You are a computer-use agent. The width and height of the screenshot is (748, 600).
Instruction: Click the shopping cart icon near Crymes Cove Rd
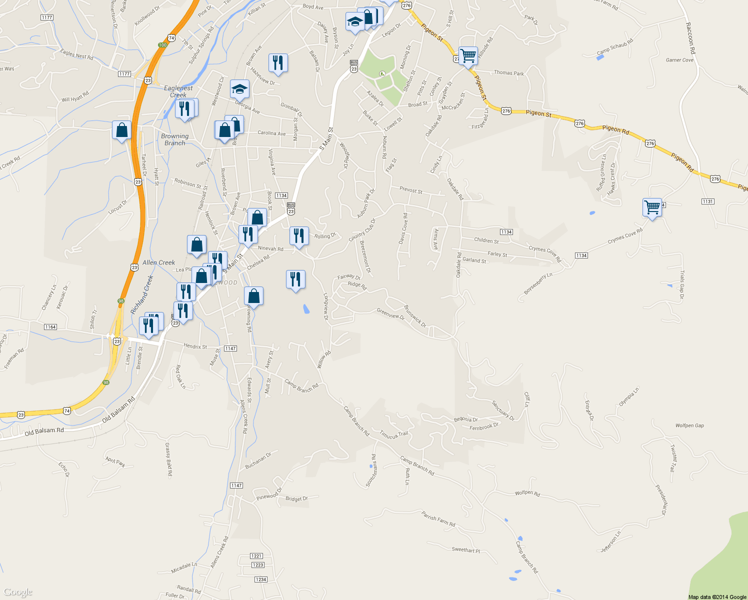coord(652,207)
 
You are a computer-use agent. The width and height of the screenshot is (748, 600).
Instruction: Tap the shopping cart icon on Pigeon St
coord(468,56)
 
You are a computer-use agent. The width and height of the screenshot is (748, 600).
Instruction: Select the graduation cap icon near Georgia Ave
coord(239,89)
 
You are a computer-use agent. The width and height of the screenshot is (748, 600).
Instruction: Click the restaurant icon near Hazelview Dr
coord(277,63)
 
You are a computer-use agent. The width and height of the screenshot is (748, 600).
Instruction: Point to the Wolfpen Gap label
coord(689,425)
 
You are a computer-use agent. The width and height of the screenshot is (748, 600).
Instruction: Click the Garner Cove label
coord(679,60)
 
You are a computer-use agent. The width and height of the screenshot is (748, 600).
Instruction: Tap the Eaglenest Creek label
coord(178,91)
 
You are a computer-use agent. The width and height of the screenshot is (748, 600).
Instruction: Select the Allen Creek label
coord(158,262)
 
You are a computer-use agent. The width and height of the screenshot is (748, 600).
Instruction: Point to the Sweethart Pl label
coord(465,550)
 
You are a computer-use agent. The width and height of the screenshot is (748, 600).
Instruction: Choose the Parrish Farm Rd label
coord(438,519)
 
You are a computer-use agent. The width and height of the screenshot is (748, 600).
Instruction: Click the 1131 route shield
coord(707,201)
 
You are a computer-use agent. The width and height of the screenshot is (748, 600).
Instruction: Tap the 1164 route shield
coord(50,327)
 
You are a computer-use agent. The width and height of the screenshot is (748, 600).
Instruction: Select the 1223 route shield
coord(257,565)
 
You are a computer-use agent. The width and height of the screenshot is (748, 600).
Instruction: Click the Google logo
coord(17,592)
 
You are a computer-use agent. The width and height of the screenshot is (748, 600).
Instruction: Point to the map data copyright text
coord(717,597)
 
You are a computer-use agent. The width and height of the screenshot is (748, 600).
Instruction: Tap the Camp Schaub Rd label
coord(615,47)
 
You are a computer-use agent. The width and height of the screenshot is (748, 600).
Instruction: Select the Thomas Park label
coord(508,73)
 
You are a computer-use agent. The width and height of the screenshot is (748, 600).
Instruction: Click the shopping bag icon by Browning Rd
coord(253,296)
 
